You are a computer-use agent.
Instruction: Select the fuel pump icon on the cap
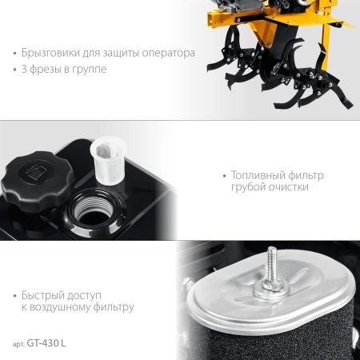pos(36,170)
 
